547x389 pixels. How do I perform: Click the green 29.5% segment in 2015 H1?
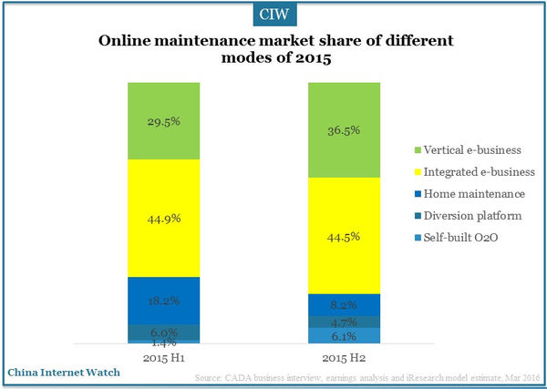(x=162, y=120)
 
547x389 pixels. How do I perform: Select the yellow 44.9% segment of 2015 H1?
(x=162, y=218)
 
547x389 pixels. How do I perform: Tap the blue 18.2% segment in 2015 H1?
(x=162, y=300)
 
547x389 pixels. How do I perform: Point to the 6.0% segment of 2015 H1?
(x=162, y=332)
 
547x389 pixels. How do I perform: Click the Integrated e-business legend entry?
(x=465, y=170)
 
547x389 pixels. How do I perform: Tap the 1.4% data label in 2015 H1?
(x=162, y=342)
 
